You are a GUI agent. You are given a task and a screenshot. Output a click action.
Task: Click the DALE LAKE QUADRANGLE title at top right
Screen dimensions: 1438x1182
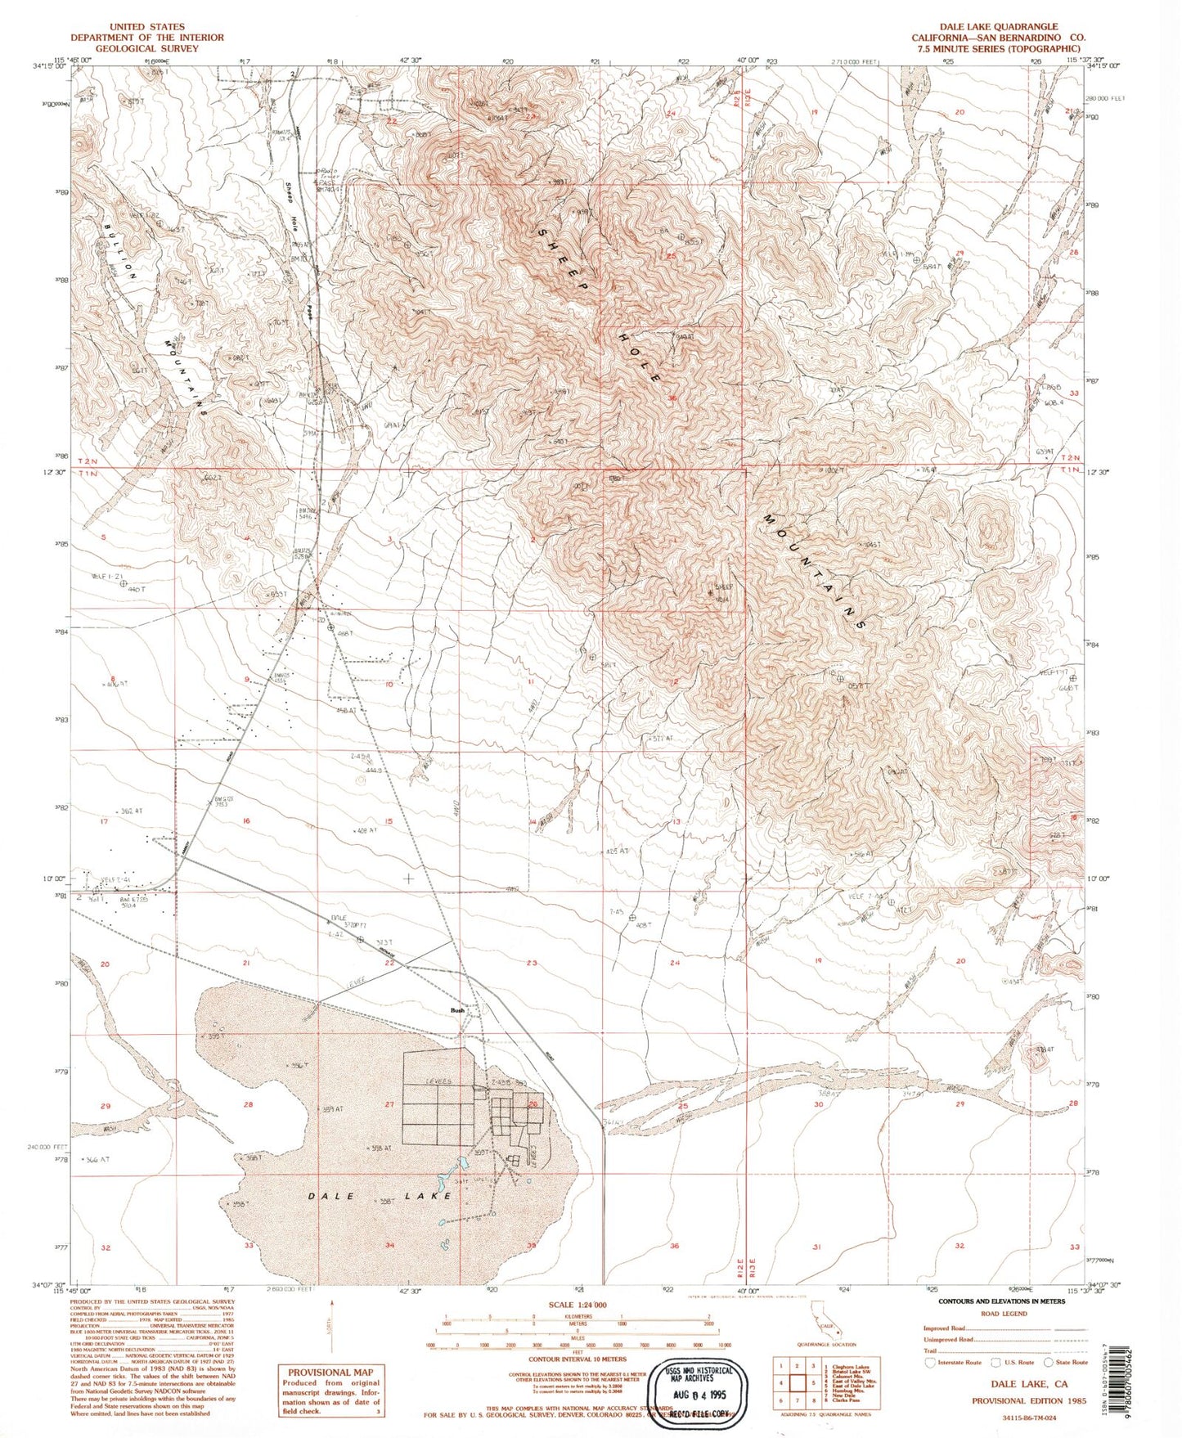[998, 27]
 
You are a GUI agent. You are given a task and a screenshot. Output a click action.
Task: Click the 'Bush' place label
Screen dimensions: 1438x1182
[457, 1010]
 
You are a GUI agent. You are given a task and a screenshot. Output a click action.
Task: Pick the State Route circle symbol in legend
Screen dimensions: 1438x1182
[1049, 1362]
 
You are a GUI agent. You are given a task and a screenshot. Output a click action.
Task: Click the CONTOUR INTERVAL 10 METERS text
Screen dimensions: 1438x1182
[578, 1359]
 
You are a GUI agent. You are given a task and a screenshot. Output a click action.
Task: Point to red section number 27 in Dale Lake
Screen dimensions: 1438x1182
[389, 1104]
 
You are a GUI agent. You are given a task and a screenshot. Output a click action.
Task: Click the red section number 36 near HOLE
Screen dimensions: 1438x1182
[672, 398]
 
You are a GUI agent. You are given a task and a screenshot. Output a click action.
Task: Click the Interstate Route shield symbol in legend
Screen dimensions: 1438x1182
[930, 1362]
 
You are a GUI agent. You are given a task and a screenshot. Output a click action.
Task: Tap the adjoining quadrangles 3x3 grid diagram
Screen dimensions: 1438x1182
[797, 1382]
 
